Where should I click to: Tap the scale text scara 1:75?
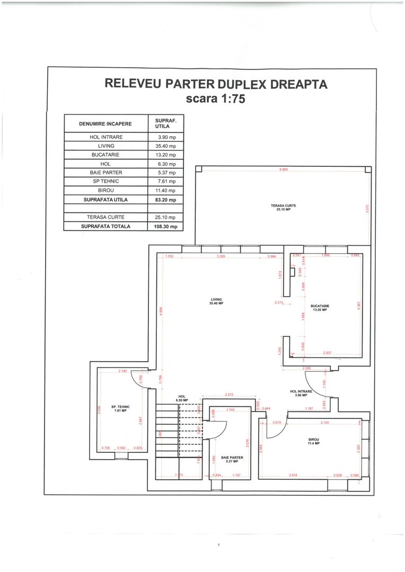215,99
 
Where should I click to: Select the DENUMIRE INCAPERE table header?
105,123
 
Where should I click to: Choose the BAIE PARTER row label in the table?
105,173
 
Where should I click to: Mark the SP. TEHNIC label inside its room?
120,408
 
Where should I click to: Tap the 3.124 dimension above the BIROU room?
324,423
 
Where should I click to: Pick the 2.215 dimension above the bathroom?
229,395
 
